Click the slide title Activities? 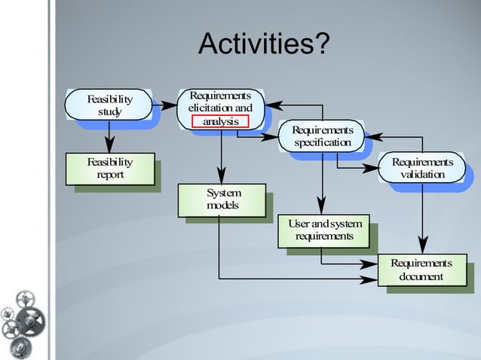pyautogui.click(x=263, y=45)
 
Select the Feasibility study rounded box pyautogui.click(x=109, y=105)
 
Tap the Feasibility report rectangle pyautogui.click(x=110, y=169)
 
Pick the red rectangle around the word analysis pyautogui.click(x=220, y=121)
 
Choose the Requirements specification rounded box pyautogui.click(x=322, y=136)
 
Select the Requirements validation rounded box pyautogui.click(x=422, y=168)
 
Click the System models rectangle pyautogui.click(x=222, y=200)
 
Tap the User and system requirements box pyautogui.click(x=324, y=230)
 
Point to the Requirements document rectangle pyautogui.click(x=421, y=270)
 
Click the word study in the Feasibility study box pyautogui.click(x=109, y=112)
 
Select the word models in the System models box pyautogui.click(x=222, y=206)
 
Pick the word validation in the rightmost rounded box pyautogui.click(x=422, y=175)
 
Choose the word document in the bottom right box pyautogui.click(x=421, y=276)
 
